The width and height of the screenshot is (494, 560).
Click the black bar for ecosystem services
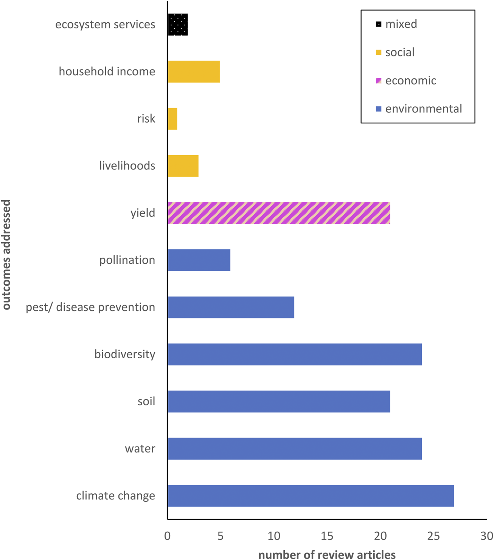tap(178, 25)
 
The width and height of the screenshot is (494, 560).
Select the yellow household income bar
tap(194, 72)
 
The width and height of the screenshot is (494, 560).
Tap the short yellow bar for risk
tap(172, 119)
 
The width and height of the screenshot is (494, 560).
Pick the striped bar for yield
tap(279, 213)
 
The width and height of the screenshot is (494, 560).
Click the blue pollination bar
tap(199, 260)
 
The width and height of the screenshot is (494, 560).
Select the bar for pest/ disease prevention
tap(231, 307)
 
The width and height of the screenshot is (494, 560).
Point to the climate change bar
tap(311, 496)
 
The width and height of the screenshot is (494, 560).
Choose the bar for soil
tap(279, 401)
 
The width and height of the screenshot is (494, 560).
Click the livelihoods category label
tap(127, 166)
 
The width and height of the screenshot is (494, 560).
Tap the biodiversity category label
tap(125, 354)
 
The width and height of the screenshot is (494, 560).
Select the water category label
tap(140, 449)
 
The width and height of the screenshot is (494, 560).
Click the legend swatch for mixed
tap(378, 25)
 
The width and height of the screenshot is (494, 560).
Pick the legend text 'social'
tap(400, 52)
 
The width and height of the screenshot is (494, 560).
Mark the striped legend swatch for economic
tap(378, 81)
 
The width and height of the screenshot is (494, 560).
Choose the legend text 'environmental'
tap(424, 109)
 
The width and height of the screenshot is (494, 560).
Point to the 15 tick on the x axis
tap(327, 536)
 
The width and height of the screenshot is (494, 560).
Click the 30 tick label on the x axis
tap(486, 536)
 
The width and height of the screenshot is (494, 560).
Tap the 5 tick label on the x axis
tap(221, 536)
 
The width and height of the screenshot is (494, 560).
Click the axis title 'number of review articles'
tap(327, 555)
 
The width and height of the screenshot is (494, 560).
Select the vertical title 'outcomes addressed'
tap(6, 255)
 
